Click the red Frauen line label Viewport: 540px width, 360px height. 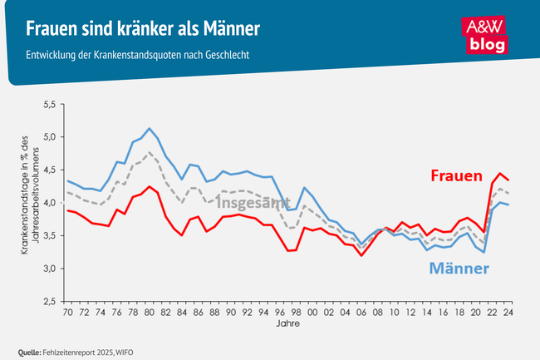[x=456, y=176]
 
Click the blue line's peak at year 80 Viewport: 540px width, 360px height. [x=149, y=129]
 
